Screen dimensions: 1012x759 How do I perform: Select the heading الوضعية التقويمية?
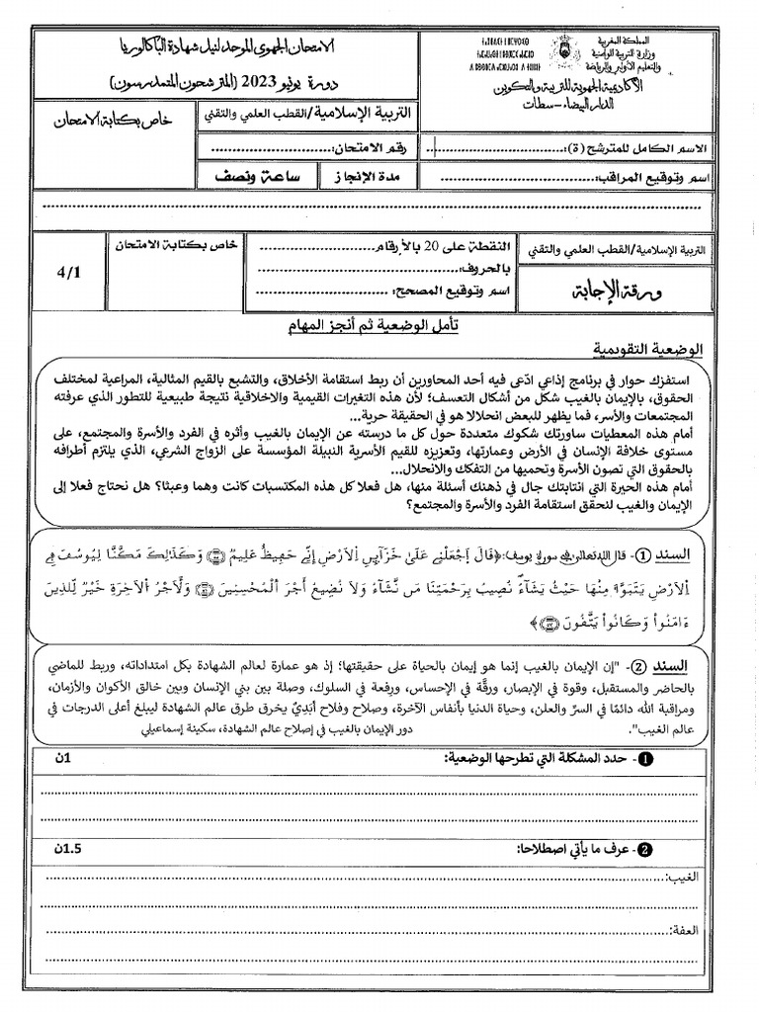pos(648,350)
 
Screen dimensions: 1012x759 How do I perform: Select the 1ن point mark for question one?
pos(64,758)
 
